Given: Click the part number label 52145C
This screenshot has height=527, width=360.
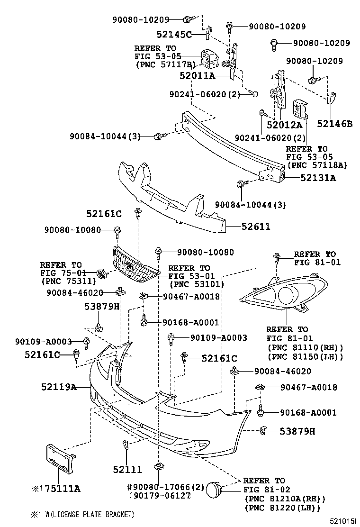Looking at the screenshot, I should click(174, 34).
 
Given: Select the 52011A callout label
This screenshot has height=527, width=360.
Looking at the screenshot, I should click(197, 75).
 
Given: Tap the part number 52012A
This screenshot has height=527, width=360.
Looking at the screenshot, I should click(284, 125).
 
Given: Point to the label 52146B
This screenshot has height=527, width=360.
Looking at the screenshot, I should click(335, 124).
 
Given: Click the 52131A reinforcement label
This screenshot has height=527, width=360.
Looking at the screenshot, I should click(317, 178).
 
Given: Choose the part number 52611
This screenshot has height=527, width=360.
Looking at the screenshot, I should click(256, 227).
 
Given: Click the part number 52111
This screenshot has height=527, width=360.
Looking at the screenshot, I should click(127, 469).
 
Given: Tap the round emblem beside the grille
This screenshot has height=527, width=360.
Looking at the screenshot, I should click(100, 273).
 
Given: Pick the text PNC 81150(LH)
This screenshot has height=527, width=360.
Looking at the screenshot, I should click(305, 356).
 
